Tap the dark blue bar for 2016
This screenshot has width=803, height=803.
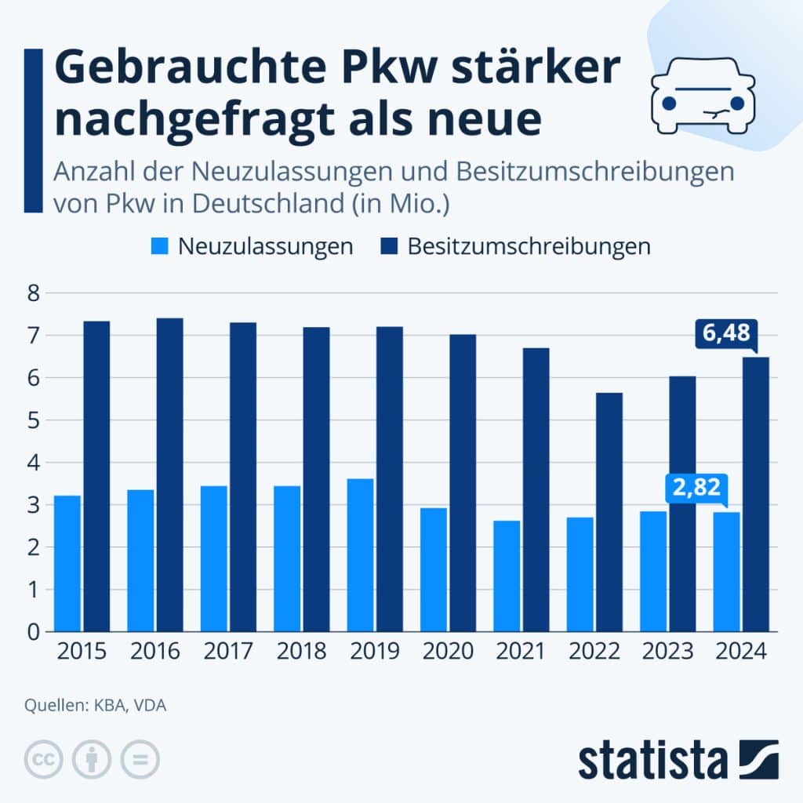point(169,474)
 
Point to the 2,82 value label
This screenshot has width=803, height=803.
point(695,487)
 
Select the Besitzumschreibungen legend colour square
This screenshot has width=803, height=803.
point(389,246)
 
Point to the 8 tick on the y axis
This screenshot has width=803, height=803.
point(32,294)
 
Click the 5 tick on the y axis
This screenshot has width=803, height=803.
point(32,420)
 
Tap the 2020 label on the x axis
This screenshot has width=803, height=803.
point(448,652)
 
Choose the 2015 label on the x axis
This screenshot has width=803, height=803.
point(82,652)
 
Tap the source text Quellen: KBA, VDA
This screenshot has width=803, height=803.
point(95,706)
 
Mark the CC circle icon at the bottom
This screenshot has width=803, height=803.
point(44,759)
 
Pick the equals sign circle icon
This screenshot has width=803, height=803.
point(140,759)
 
